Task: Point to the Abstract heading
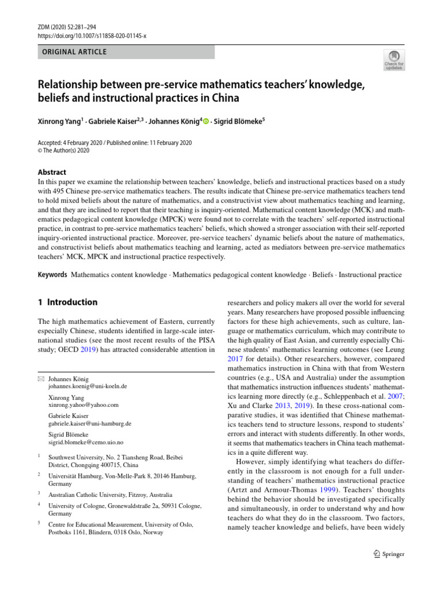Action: point(52,172)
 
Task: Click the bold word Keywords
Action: point(52,275)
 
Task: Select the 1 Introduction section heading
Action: point(67,302)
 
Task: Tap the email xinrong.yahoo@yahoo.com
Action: point(83,405)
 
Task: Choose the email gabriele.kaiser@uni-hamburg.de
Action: point(89,423)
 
